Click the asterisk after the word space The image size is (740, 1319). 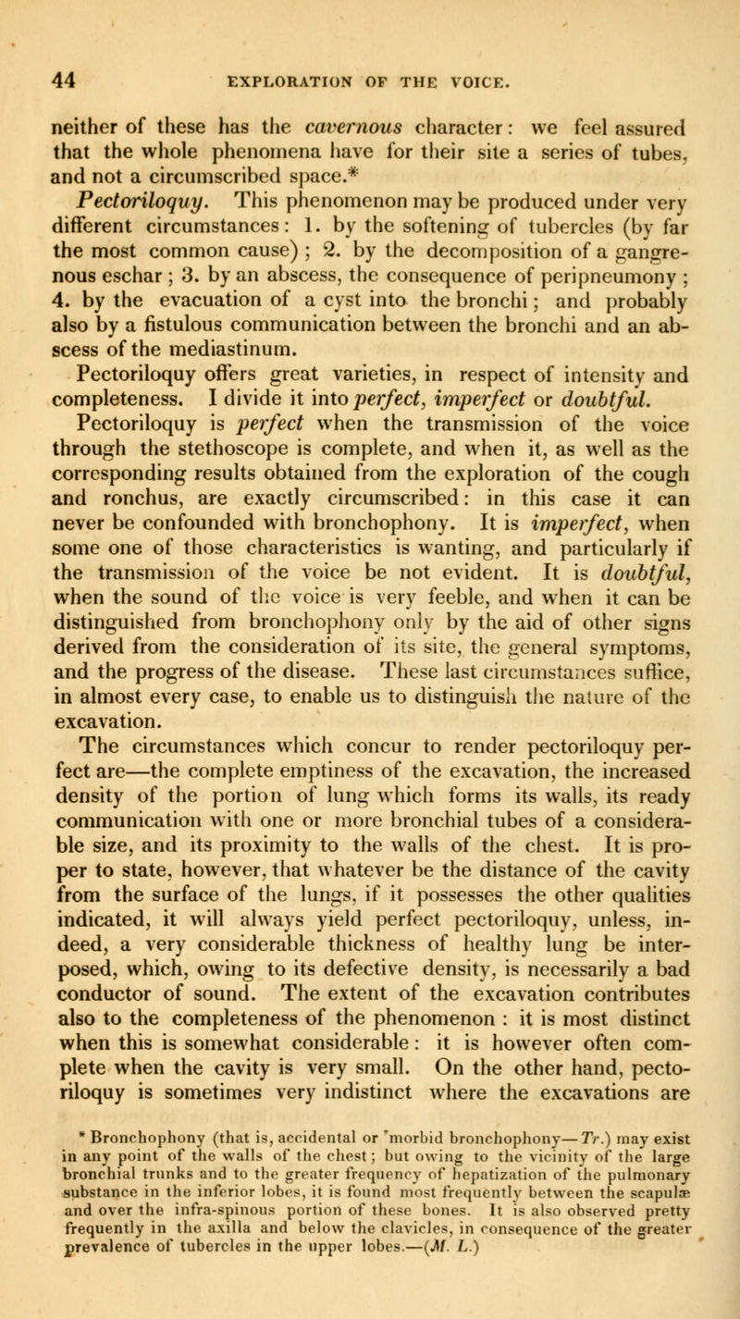465,173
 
